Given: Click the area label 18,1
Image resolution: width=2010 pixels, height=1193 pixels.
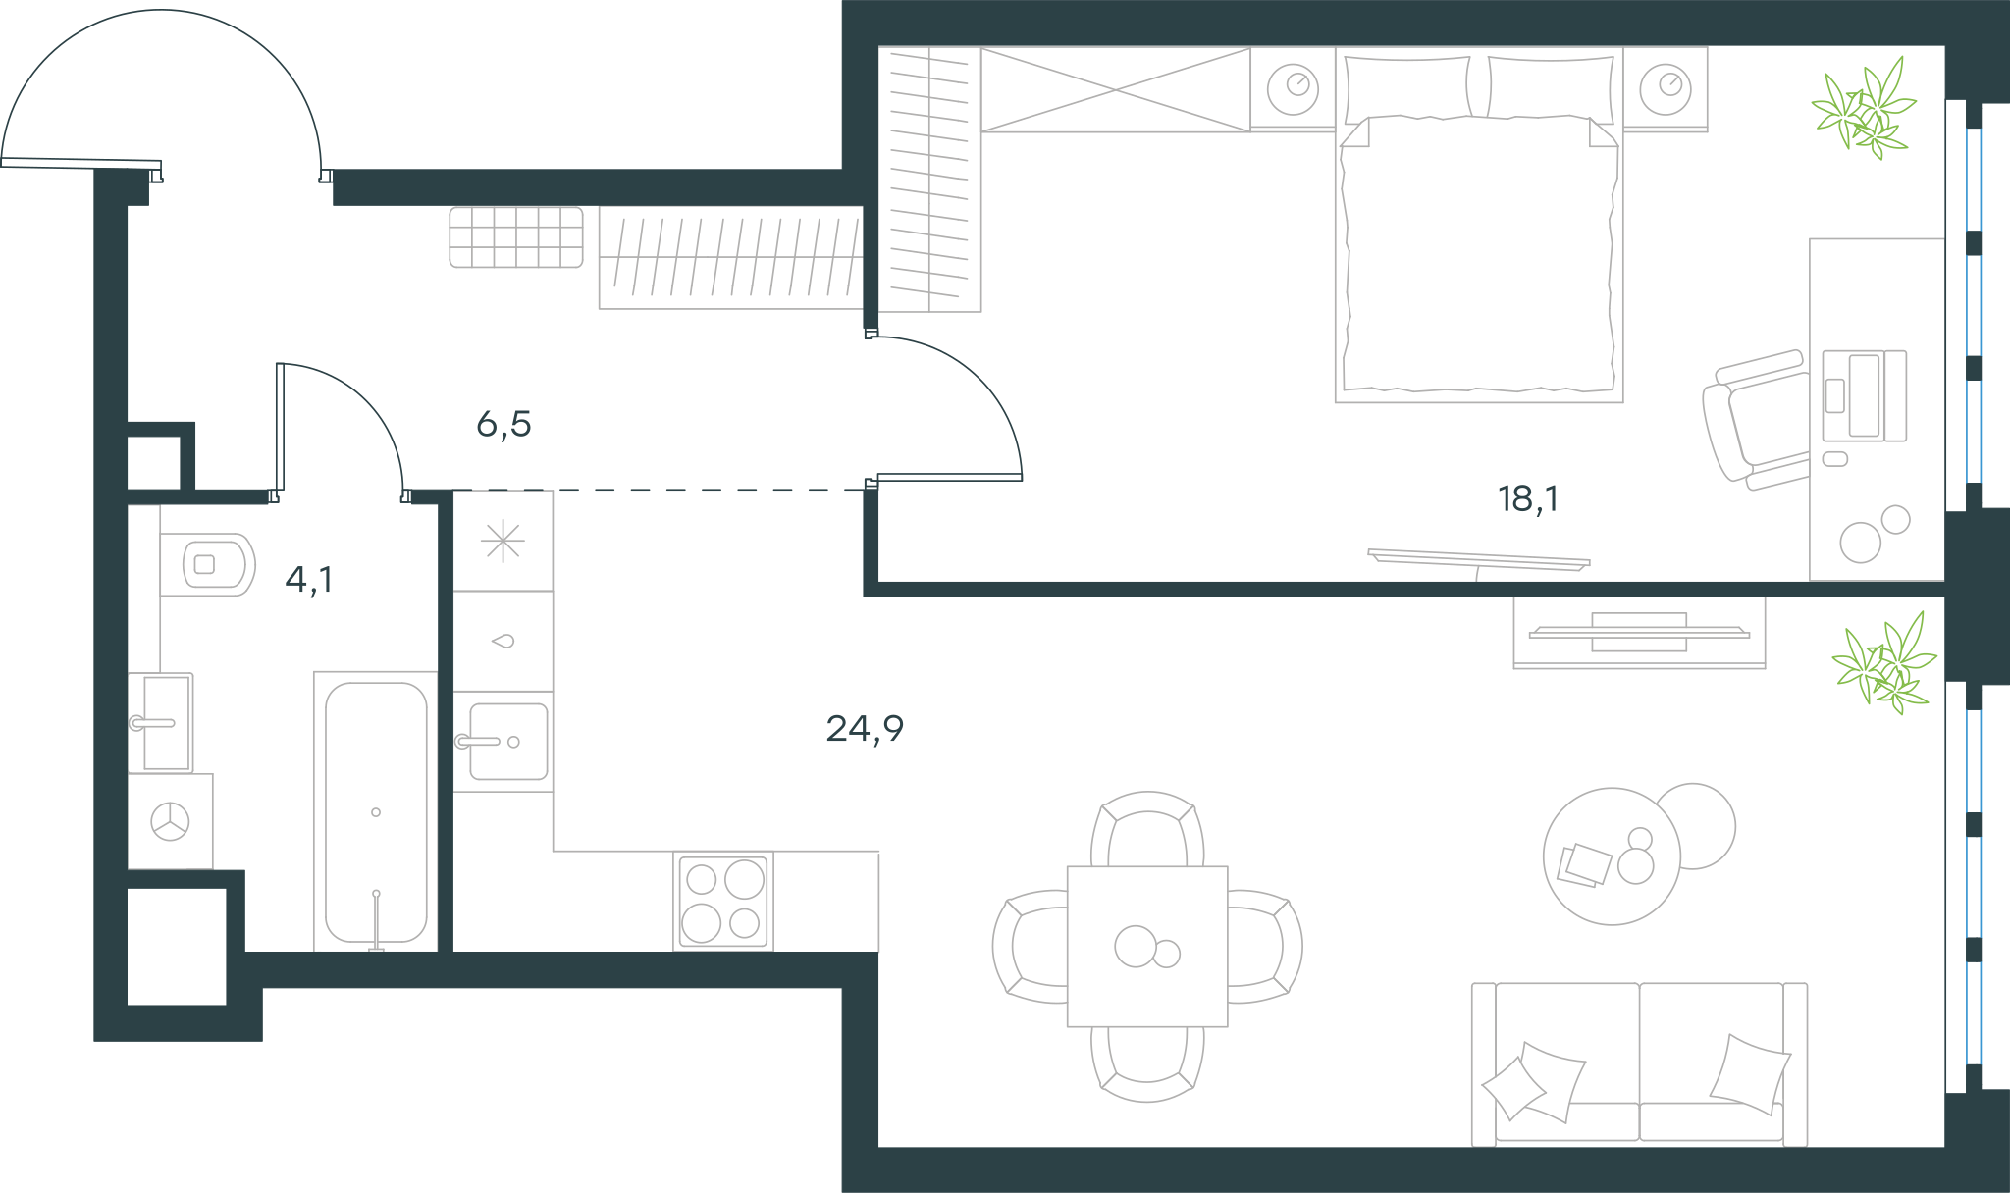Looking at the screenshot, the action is pos(1528,499).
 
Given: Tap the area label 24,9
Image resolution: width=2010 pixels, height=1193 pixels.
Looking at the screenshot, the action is pos(865,729).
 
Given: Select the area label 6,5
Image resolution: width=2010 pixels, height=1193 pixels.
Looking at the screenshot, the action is pos(503,424).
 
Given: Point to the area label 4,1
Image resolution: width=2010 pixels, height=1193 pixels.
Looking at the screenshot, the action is pos(309,580).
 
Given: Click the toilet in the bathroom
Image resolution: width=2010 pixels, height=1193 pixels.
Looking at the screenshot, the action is pos(207,565).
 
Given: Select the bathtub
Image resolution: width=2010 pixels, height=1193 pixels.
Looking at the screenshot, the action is pos(376,811).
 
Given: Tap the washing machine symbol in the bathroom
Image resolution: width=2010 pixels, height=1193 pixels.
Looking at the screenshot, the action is pos(171,821).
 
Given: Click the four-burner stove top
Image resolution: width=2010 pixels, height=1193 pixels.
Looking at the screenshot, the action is pos(723,901).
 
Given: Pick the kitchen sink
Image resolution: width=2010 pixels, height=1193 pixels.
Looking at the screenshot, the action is pos(502,742).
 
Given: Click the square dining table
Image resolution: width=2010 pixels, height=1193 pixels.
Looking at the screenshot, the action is pos(1147,946).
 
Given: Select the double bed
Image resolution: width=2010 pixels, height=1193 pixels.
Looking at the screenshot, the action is pos(1479,225).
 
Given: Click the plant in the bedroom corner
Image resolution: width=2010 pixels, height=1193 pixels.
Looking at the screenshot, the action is pos(1863,108).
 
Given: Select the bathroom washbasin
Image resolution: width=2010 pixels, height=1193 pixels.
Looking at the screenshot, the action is pos(162,723).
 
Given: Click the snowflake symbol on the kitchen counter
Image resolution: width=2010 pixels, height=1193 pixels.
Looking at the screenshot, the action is pos(502,541).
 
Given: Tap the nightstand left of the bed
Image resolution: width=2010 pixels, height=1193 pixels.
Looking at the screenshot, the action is pos(1293,89).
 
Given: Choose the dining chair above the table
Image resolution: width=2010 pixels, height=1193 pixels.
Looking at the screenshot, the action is pos(1147,829).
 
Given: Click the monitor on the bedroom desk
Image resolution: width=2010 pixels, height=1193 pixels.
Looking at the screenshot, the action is pos(1864,395).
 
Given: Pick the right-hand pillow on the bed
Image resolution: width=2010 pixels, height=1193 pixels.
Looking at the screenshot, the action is pos(1551,86).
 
